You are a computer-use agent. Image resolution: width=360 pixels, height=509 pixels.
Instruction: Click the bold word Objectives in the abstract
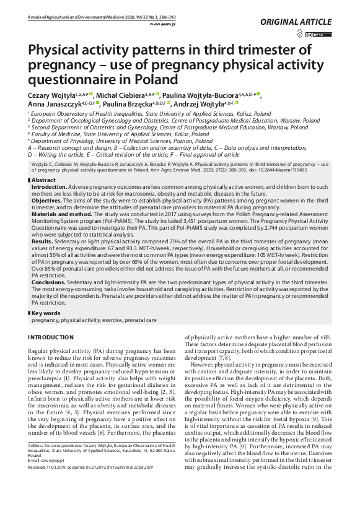(46, 201)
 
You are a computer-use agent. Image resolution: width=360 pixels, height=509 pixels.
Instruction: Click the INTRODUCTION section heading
(51, 337)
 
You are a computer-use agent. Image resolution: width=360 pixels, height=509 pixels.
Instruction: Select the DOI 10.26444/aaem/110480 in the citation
(303, 169)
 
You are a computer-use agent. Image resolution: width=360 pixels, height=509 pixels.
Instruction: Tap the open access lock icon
(301, 34)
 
